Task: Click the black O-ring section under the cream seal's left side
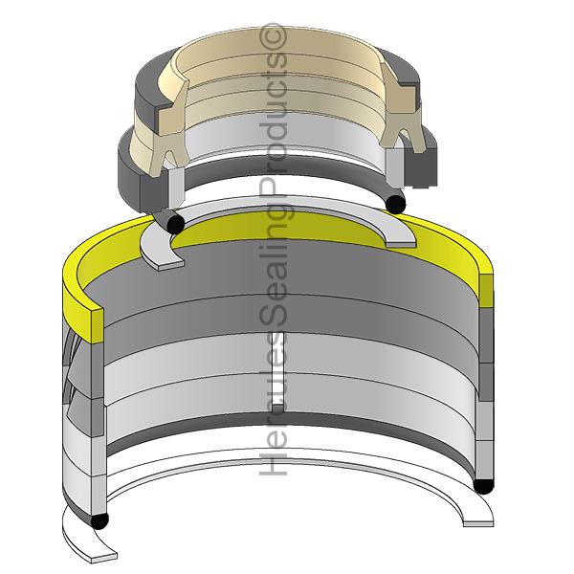coord(173,222)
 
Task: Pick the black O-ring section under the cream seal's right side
coord(394,201)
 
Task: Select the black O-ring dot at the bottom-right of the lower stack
coord(483,485)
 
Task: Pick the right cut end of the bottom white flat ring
coord(476,518)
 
